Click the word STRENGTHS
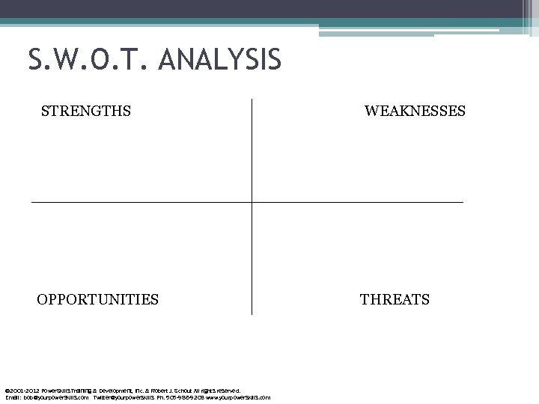point(86,111)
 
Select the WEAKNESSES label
point(415,111)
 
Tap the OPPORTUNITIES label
point(97,300)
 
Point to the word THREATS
point(395,300)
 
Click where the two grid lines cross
point(252,202)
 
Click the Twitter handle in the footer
point(121,397)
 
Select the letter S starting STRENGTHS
point(45,111)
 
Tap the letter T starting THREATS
point(364,300)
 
